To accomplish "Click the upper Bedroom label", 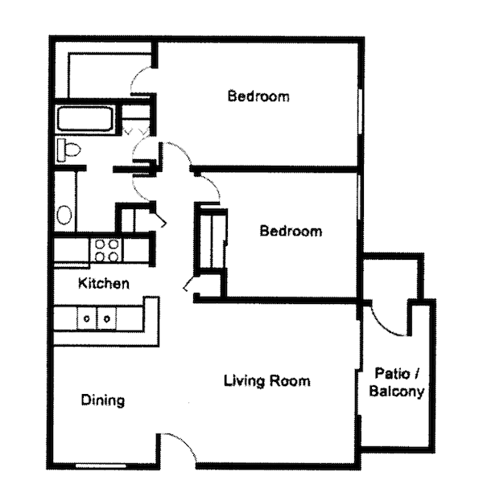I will point(258,97).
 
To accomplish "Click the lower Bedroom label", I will point(291,232).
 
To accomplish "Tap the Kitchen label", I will point(103,283).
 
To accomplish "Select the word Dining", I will point(103,400).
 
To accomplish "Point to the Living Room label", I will point(266,380).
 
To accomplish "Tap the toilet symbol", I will point(68,149).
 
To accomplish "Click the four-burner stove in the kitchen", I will point(106,250).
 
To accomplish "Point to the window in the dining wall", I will point(101,466).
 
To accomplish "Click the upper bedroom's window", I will point(359,105).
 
